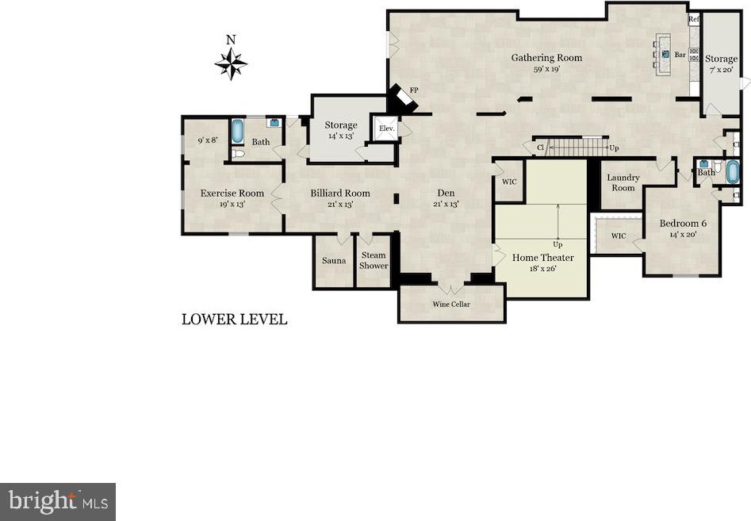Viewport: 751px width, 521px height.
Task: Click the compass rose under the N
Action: click(x=231, y=63)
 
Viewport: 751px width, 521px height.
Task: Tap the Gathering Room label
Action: click(x=546, y=57)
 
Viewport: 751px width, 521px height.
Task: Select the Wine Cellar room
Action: click(x=452, y=304)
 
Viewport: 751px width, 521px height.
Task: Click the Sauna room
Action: click(x=333, y=262)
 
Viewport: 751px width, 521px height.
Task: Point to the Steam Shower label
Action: click(x=374, y=260)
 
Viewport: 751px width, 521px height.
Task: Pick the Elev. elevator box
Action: click(x=386, y=128)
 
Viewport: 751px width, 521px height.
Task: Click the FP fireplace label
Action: click(x=414, y=90)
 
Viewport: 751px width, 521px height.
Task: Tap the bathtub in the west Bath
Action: click(x=237, y=131)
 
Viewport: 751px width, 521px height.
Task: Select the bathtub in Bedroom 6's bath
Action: click(x=732, y=172)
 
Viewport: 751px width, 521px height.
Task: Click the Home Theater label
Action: click(x=542, y=258)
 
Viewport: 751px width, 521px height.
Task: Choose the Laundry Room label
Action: click(x=623, y=182)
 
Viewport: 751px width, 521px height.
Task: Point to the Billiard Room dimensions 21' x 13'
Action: click(x=340, y=204)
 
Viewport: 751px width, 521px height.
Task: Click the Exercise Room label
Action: click(x=232, y=193)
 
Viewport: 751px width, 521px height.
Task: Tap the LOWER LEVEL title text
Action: click(x=234, y=320)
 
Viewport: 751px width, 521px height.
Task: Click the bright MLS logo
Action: click(x=57, y=502)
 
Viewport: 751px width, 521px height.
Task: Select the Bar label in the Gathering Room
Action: click(x=680, y=55)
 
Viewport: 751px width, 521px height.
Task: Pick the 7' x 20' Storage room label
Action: click(x=722, y=63)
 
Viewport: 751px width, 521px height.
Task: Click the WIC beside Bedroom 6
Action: click(x=619, y=236)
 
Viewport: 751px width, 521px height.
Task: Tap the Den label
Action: click(x=446, y=193)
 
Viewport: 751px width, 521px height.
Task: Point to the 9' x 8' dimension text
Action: click(x=208, y=140)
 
